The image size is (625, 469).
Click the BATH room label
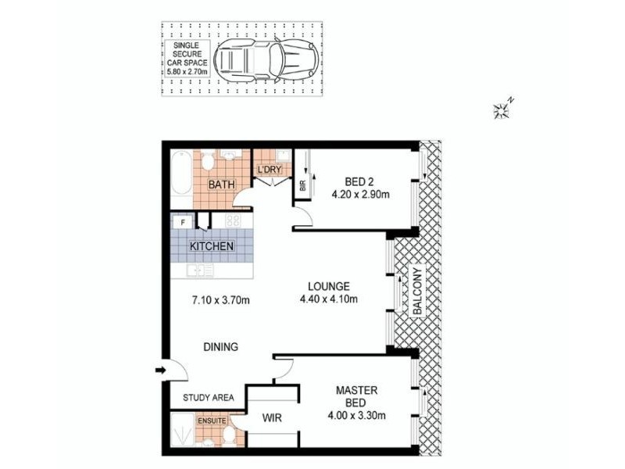[221, 185]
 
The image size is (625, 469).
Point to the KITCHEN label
[212, 246]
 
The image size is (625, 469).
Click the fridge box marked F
[183, 222]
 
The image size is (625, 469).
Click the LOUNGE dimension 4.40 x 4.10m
[328, 299]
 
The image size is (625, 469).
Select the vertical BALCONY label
[416, 292]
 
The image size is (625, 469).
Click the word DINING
[220, 347]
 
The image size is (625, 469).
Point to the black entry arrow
[161, 371]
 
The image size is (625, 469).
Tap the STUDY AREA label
[209, 398]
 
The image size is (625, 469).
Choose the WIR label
[271, 417]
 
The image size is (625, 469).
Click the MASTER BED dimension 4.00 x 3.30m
[356, 415]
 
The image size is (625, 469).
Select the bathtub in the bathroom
[181, 174]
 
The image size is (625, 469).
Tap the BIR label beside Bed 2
[302, 185]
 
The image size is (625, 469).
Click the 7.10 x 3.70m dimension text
[220, 299]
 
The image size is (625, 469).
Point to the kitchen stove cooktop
[233, 221]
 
